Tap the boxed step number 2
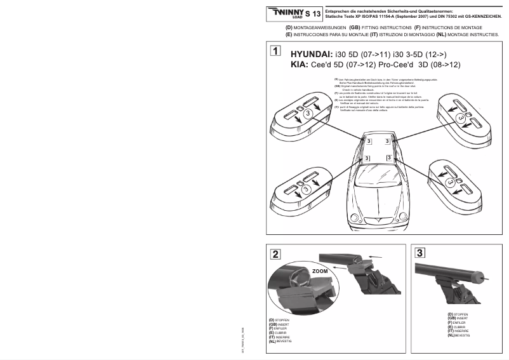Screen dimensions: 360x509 (x=274, y=255)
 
